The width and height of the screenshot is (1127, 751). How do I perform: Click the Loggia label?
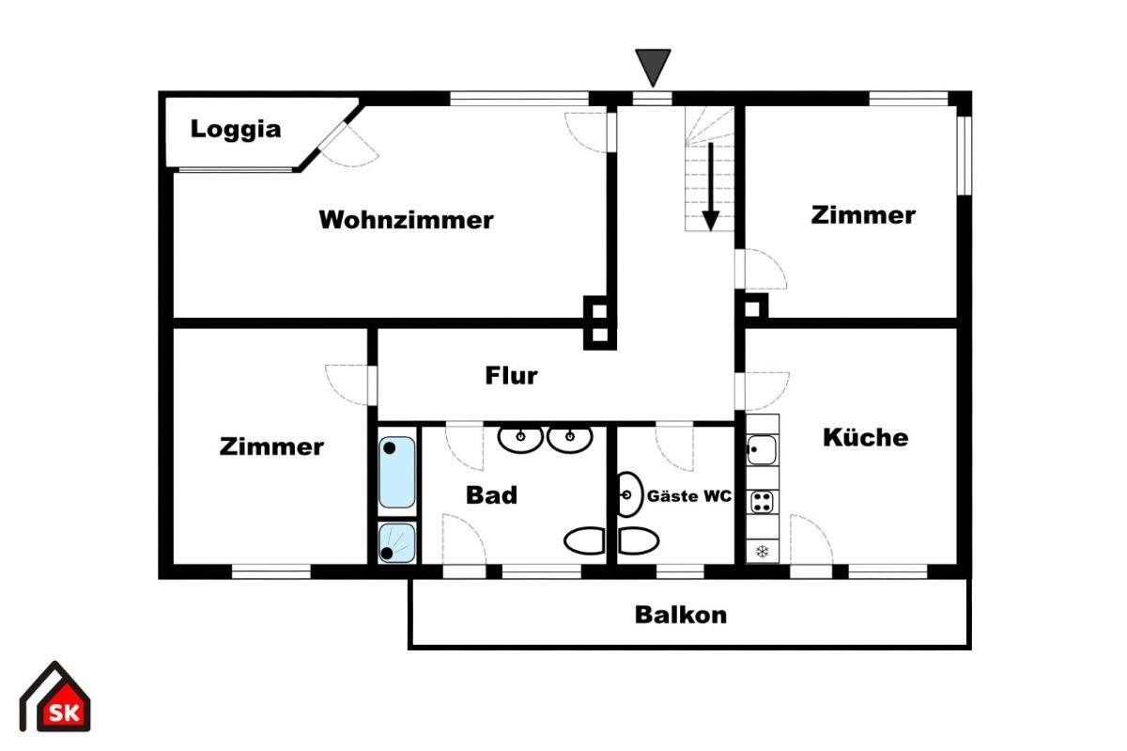click(236, 129)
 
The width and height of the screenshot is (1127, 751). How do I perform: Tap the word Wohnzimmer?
click(406, 220)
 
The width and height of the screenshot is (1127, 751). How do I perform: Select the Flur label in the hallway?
click(511, 376)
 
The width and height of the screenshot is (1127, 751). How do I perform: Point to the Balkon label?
click(681, 615)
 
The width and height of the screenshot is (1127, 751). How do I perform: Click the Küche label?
click(865, 437)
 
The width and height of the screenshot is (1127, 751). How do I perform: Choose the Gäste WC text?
click(689, 496)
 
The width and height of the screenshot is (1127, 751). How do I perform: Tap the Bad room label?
click(491, 494)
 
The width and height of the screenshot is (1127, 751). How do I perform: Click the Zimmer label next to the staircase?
click(862, 215)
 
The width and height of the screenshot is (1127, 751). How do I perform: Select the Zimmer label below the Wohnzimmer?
click(271, 446)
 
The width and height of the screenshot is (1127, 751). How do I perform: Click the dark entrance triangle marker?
click(653, 67)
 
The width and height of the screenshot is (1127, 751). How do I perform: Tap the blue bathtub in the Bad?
click(396, 473)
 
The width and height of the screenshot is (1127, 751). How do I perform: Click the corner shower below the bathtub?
click(396, 542)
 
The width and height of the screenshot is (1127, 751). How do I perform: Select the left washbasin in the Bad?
click(520, 438)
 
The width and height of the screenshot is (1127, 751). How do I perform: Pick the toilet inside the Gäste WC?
click(639, 541)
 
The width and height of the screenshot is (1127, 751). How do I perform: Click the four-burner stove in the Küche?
click(763, 501)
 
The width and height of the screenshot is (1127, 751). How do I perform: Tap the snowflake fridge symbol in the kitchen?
click(763, 550)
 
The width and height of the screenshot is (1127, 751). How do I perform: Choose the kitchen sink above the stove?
click(762, 451)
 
